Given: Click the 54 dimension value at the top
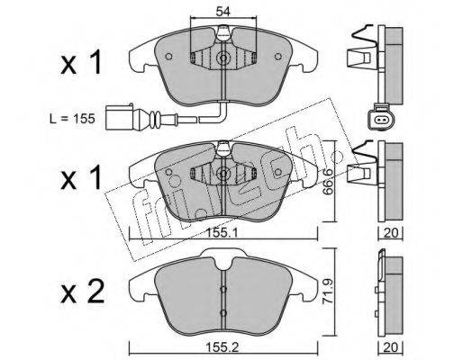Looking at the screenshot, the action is tap(222, 12).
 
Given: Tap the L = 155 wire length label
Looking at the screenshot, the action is tap(72, 119).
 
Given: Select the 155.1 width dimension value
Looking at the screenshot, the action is tap(222, 232).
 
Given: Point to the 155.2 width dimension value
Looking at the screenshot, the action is tap(222, 347).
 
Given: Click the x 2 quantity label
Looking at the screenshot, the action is tap(83, 292).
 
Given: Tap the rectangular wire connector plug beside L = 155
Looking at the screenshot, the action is tap(120, 117).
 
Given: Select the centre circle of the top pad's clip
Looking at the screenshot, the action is tap(223, 58).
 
